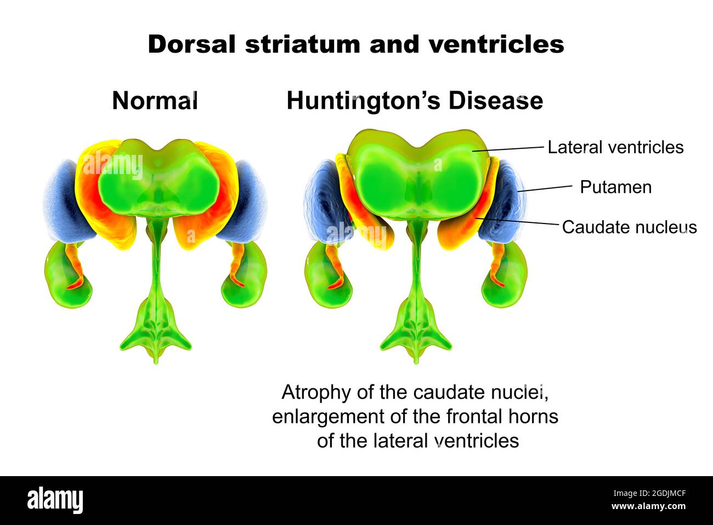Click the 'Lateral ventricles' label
(x=615, y=147)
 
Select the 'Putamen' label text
(x=615, y=187)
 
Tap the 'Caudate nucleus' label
(x=629, y=227)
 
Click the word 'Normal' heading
(x=155, y=101)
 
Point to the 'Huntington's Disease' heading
(x=415, y=101)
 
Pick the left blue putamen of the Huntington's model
(x=324, y=203)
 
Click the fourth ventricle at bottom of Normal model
(x=156, y=329)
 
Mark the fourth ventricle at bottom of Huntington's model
(x=416, y=329)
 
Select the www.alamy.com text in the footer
(x=648, y=506)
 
